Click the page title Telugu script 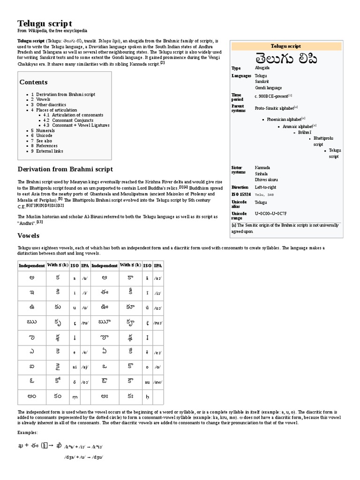[x=45, y=23]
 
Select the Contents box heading [x=34, y=82]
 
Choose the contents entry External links [x=49, y=151]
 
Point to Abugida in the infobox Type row [x=262, y=68]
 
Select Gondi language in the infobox [x=268, y=88]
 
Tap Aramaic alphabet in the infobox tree [x=297, y=126]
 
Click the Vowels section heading [x=29, y=235]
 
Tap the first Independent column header [x=31, y=266]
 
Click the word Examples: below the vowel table [x=28, y=432]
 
